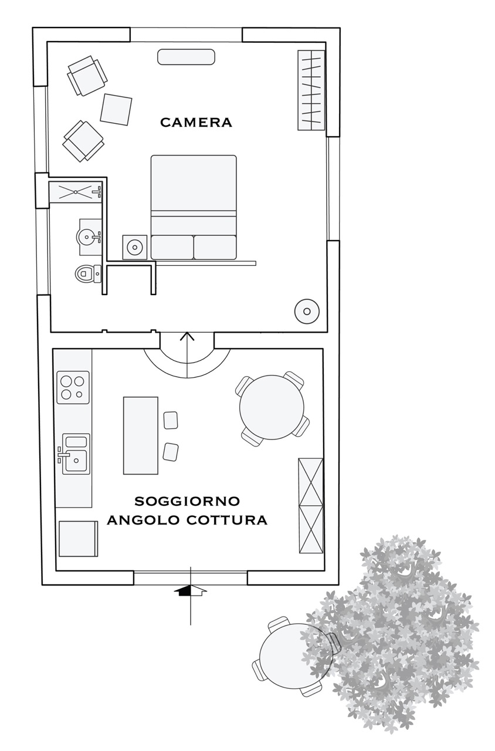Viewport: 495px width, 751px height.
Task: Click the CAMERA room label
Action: click(x=196, y=123)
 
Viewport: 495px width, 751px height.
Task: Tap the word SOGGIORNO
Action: click(x=187, y=501)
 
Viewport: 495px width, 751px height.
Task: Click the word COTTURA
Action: click(x=226, y=520)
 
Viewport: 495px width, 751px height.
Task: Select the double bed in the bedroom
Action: click(x=194, y=207)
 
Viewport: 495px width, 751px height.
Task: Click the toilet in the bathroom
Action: click(x=88, y=274)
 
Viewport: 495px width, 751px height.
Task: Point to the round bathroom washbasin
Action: click(x=88, y=236)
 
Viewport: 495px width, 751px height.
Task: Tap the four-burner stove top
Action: click(x=73, y=387)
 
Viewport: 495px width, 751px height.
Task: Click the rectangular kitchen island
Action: click(x=141, y=435)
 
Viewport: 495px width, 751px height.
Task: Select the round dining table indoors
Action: click(x=272, y=407)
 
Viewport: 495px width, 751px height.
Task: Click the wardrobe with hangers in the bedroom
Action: click(x=311, y=90)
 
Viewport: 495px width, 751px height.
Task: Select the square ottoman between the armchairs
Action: click(x=116, y=110)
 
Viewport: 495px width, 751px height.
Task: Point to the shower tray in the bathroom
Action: click(x=76, y=192)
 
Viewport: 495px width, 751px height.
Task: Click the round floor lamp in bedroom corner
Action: click(x=307, y=312)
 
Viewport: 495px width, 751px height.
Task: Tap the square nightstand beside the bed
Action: click(x=135, y=248)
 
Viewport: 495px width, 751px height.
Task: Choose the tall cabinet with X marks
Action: click(x=311, y=506)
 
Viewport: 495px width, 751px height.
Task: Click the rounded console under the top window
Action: click(x=186, y=57)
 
